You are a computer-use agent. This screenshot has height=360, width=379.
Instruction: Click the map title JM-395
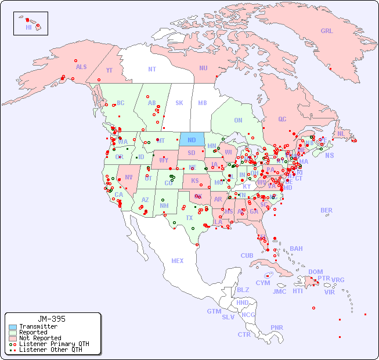click(x=52, y=319)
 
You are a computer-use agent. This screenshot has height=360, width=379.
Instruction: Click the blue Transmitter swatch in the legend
click(x=12, y=327)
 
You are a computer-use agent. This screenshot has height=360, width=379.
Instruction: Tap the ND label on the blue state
click(x=192, y=140)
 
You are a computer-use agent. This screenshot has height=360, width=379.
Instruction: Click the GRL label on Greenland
click(x=327, y=31)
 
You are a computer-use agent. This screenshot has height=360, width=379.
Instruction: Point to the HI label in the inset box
click(x=28, y=27)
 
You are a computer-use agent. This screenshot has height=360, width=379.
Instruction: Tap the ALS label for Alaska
click(x=81, y=67)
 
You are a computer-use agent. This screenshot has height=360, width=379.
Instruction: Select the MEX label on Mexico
click(x=178, y=261)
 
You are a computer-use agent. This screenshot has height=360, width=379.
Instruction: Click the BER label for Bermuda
click(x=326, y=210)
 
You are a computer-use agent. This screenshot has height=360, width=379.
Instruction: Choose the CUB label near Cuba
click(x=247, y=255)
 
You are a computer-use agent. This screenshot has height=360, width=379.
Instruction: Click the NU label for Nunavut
click(x=203, y=68)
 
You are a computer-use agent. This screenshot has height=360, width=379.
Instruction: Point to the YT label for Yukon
click(x=109, y=70)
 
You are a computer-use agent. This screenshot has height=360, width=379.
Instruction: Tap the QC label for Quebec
click(x=282, y=119)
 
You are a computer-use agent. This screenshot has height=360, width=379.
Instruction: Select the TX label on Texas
click(x=189, y=218)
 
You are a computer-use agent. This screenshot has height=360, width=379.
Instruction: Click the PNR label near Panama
click(x=277, y=327)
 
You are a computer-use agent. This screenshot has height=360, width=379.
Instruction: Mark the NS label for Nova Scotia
click(x=329, y=155)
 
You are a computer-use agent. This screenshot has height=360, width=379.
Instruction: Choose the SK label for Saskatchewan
click(x=179, y=103)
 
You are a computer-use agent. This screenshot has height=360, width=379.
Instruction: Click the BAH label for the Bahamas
click(x=296, y=249)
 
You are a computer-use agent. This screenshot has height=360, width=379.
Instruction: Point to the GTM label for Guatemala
click(x=214, y=311)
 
